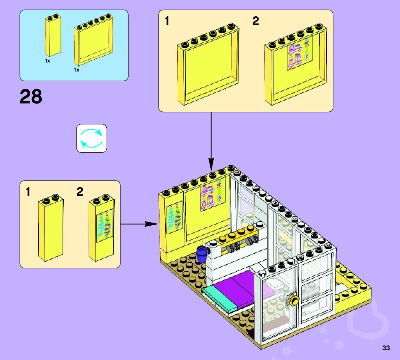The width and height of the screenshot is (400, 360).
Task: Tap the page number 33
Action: tap(386, 348)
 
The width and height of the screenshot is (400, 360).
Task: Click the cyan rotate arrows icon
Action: tap(91, 138)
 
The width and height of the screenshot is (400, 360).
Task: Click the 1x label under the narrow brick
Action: tap(48, 61)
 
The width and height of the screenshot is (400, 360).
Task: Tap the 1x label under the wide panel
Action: tap(76, 70)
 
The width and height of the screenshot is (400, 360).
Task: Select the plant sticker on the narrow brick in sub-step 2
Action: tap(105, 226)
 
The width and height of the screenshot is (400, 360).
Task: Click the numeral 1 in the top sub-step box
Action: tap(167, 21)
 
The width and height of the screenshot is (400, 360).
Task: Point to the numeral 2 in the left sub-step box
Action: tap(80, 192)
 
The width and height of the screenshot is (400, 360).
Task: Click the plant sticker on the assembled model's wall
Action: tap(174, 217)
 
